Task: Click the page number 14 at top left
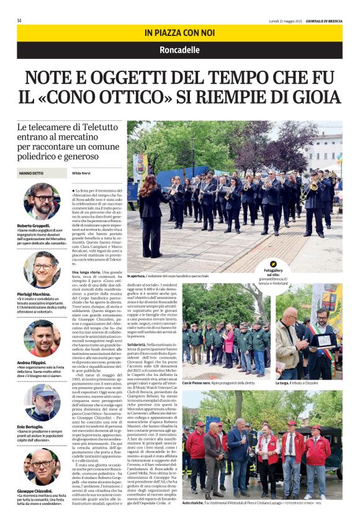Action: pyautogui.click(x=19, y=20)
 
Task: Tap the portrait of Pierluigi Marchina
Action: pyautogui.click(x=42, y=269)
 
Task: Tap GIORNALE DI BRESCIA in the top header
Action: pyautogui.click(x=323, y=20)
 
